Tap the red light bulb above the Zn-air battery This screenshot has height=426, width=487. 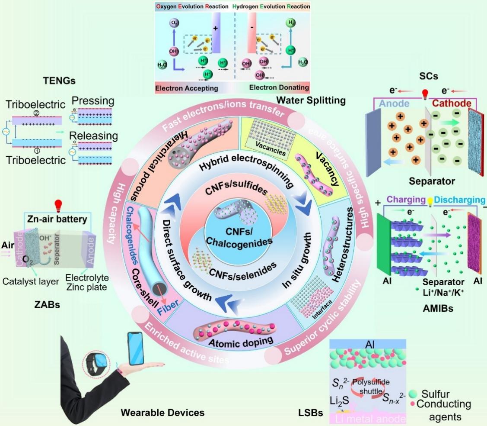(x=56, y=205)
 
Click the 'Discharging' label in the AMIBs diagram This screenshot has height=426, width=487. (x=461, y=200)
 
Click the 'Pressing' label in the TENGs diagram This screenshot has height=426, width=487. (x=92, y=102)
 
